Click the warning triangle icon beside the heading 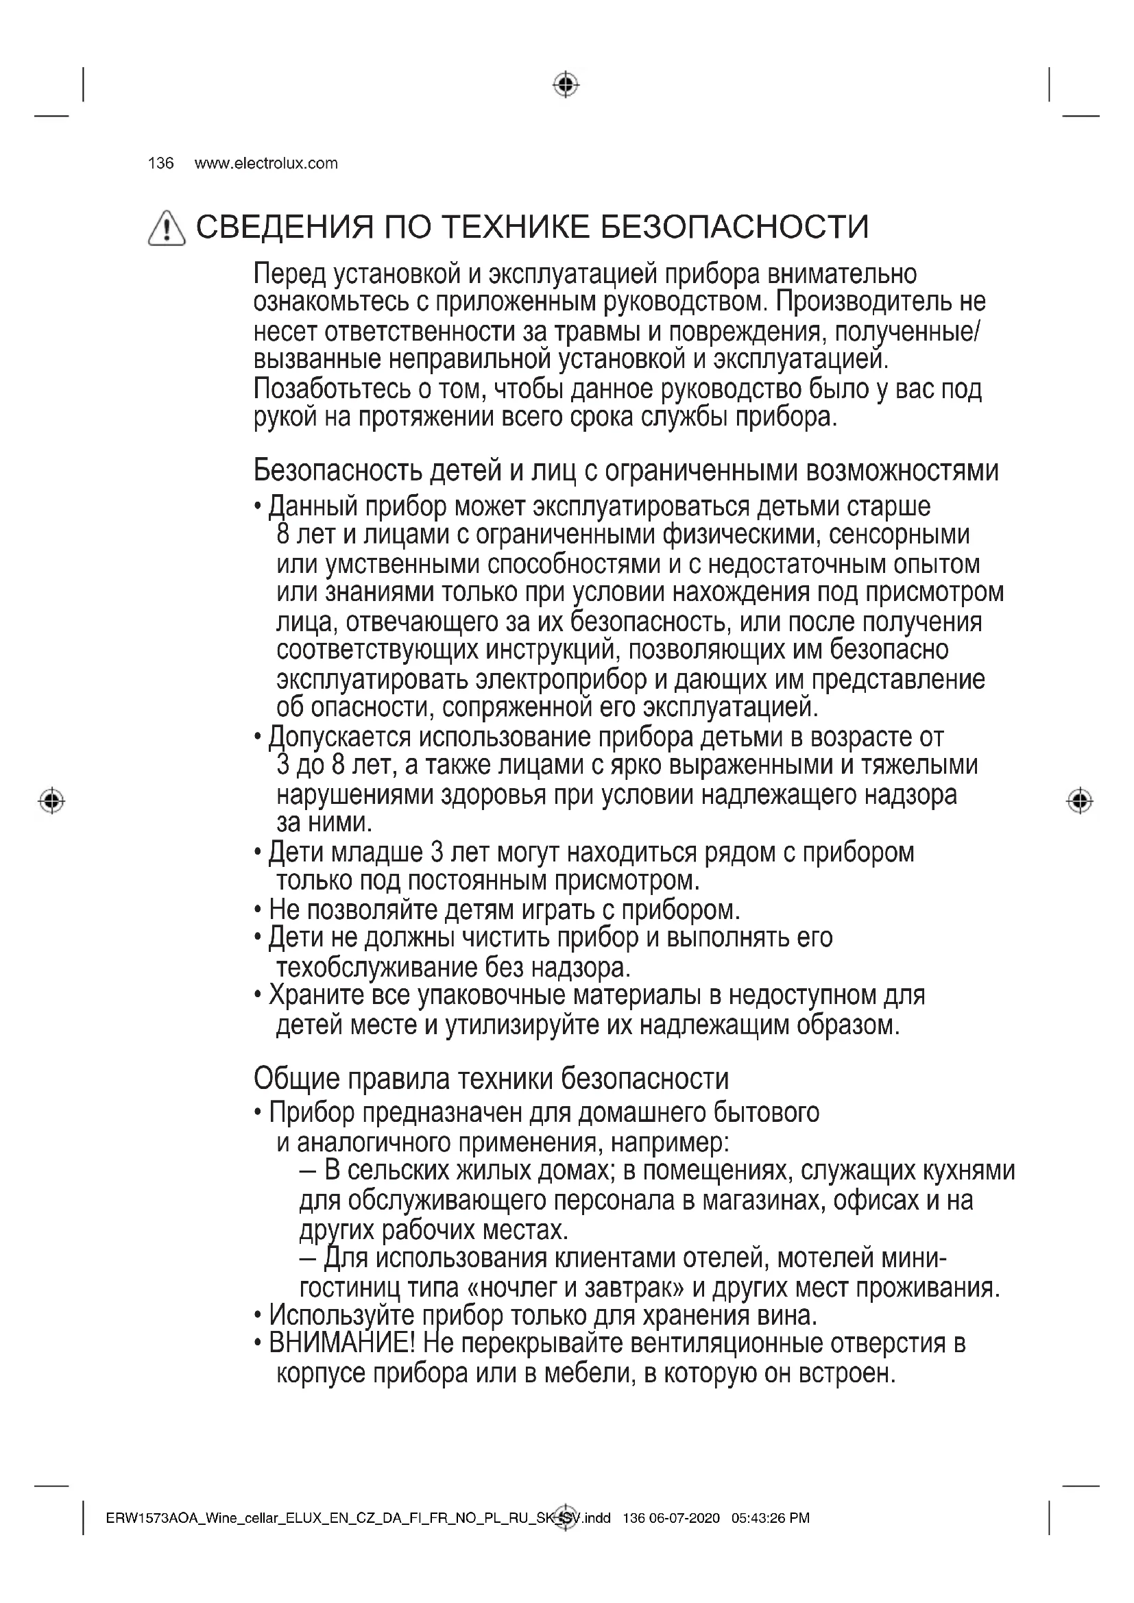(x=167, y=228)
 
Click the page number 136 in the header (x=160, y=163)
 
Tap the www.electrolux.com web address (x=265, y=163)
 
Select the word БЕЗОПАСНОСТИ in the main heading (x=734, y=227)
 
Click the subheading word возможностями (x=902, y=472)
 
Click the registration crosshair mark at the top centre (x=566, y=84)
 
